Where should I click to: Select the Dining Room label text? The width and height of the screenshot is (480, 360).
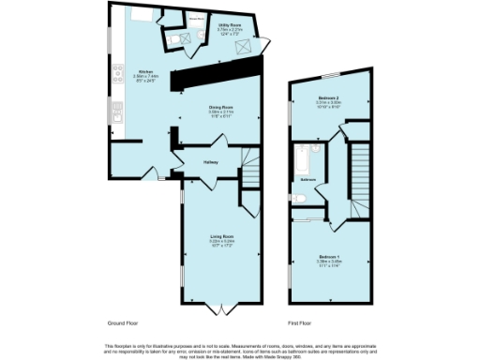(221, 108)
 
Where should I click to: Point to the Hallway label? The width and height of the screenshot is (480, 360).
(211, 161)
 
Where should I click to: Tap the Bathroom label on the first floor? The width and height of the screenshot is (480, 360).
(307, 178)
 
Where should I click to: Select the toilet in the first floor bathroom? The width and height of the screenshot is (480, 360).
(297, 198)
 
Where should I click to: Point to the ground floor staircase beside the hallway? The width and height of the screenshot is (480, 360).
(249, 168)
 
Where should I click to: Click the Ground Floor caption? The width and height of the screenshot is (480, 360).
(125, 322)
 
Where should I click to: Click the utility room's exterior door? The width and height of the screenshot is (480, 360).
(266, 42)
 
